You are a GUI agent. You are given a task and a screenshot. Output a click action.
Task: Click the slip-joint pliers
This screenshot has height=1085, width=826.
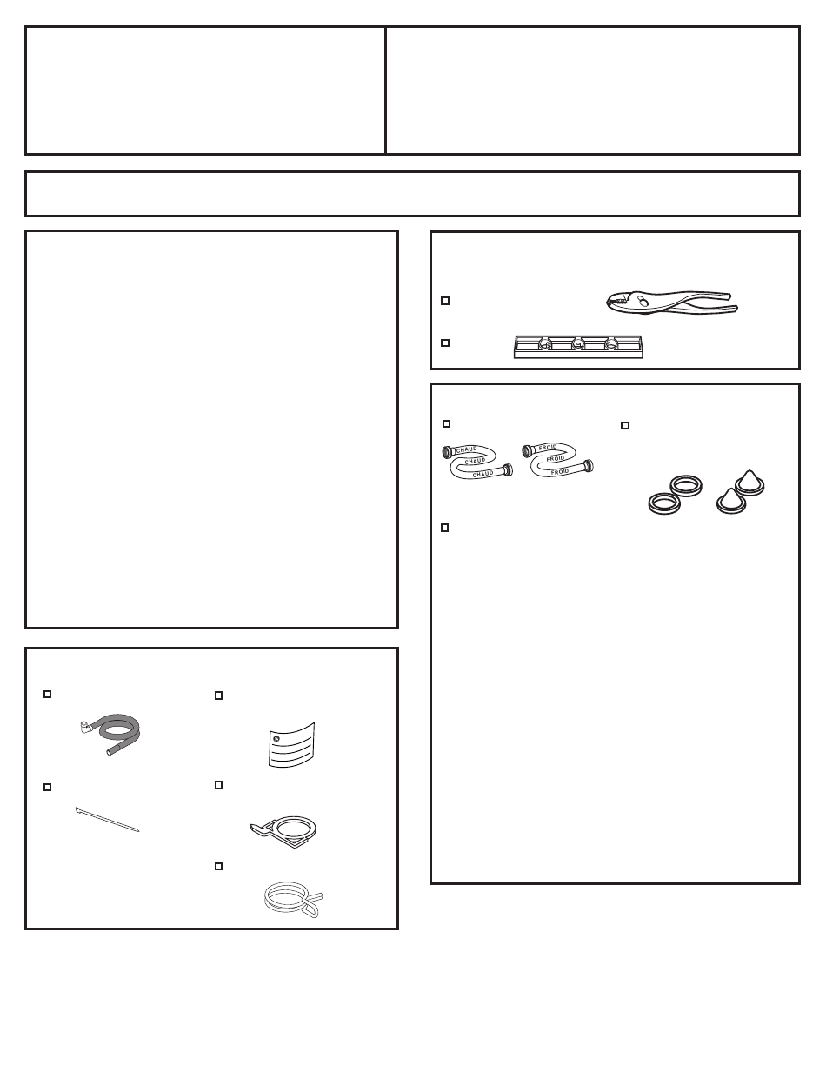coord(672,303)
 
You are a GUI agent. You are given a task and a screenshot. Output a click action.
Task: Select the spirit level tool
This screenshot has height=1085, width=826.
coord(578,347)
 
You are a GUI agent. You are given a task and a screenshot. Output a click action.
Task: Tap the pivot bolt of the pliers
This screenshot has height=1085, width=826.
coord(642,301)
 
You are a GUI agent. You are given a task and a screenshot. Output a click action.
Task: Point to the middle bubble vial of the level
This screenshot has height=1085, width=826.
coord(578,344)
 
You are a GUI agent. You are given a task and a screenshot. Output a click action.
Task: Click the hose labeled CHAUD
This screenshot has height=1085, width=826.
coord(477,462)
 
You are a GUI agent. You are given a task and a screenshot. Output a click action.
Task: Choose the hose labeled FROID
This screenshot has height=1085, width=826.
coord(557,460)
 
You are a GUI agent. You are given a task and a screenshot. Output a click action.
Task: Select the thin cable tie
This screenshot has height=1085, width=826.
coord(107,819)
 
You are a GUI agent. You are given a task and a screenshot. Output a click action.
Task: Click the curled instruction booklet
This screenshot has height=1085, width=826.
coord(291,744)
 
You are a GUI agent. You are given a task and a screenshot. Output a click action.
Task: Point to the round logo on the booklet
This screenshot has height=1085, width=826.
coord(276,739)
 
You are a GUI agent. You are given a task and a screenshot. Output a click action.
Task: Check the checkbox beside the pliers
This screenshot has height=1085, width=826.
coord(445,301)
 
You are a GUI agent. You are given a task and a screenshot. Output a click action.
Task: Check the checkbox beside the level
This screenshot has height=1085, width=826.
coord(445,343)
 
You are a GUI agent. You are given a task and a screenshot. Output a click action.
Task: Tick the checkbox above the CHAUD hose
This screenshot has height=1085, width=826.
coord(446,423)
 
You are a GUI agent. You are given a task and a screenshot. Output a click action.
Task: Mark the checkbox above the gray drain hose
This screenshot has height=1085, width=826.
coord(48,694)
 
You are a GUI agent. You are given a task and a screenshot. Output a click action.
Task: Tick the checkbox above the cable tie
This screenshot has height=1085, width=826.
coord(48,787)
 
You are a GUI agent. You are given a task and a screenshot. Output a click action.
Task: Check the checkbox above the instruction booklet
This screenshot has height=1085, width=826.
coord(218,696)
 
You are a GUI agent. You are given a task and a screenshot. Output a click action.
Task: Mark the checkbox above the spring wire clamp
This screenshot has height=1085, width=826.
coord(218,866)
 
